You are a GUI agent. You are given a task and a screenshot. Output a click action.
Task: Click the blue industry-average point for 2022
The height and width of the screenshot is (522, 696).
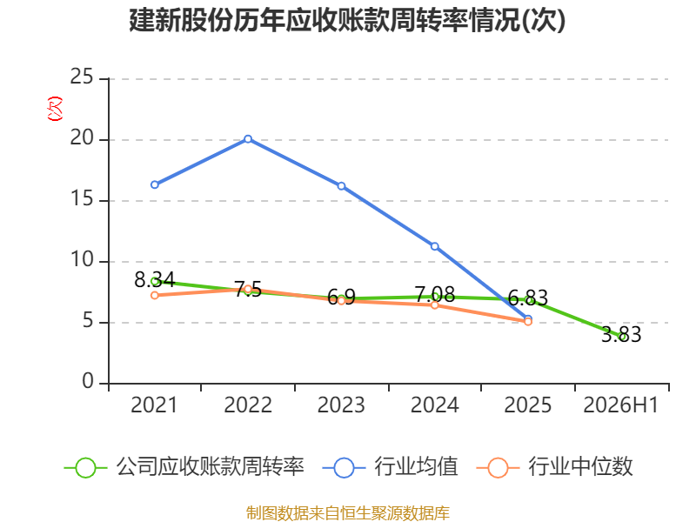[x=248, y=139]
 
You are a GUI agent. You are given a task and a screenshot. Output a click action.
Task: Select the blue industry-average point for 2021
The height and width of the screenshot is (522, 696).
[x=155, y=184]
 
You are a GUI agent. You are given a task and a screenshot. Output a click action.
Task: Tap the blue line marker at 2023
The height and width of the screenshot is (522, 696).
[x=341, y=186]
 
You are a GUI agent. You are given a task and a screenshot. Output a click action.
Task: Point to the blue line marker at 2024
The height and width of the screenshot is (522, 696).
[x=434, y=246]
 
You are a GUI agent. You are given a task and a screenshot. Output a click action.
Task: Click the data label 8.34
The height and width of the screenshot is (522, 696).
[x=155, y=279]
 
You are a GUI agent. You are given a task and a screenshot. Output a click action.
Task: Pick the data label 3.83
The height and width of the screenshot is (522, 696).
[x=621, y=334]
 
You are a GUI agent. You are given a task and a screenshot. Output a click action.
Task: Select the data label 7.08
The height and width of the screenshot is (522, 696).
[x=434, y=294]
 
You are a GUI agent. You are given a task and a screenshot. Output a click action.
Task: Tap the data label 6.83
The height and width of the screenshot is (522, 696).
[x=528, y=298]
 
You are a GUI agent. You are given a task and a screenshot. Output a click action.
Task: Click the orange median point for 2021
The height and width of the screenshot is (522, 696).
[x=155, y=295]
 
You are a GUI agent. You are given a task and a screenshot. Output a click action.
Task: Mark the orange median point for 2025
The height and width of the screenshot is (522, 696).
[x=528, y=321]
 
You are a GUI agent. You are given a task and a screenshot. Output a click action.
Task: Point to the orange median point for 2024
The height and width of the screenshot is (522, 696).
[x=434, y=305]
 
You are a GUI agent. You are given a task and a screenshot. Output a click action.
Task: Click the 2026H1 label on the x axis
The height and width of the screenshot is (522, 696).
[x=621, y=405]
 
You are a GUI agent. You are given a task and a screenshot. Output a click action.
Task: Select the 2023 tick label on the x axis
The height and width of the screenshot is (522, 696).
[x=341, y=405]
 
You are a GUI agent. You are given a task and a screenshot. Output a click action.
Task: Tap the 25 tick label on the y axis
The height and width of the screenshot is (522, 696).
[x=82, y=77]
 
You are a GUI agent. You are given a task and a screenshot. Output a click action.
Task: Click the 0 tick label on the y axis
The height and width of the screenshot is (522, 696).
[x=88, y=382]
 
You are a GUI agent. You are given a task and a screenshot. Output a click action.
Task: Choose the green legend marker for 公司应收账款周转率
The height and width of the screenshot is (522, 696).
[x=85, y=468]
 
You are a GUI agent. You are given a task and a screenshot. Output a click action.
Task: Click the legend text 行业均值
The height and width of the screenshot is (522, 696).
[x=416, y=467]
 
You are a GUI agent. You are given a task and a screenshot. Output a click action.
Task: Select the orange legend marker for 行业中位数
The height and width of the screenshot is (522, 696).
[x=498, y=468]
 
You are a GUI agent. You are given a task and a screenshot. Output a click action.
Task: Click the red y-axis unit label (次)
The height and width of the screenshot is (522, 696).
[x=55, y=109]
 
